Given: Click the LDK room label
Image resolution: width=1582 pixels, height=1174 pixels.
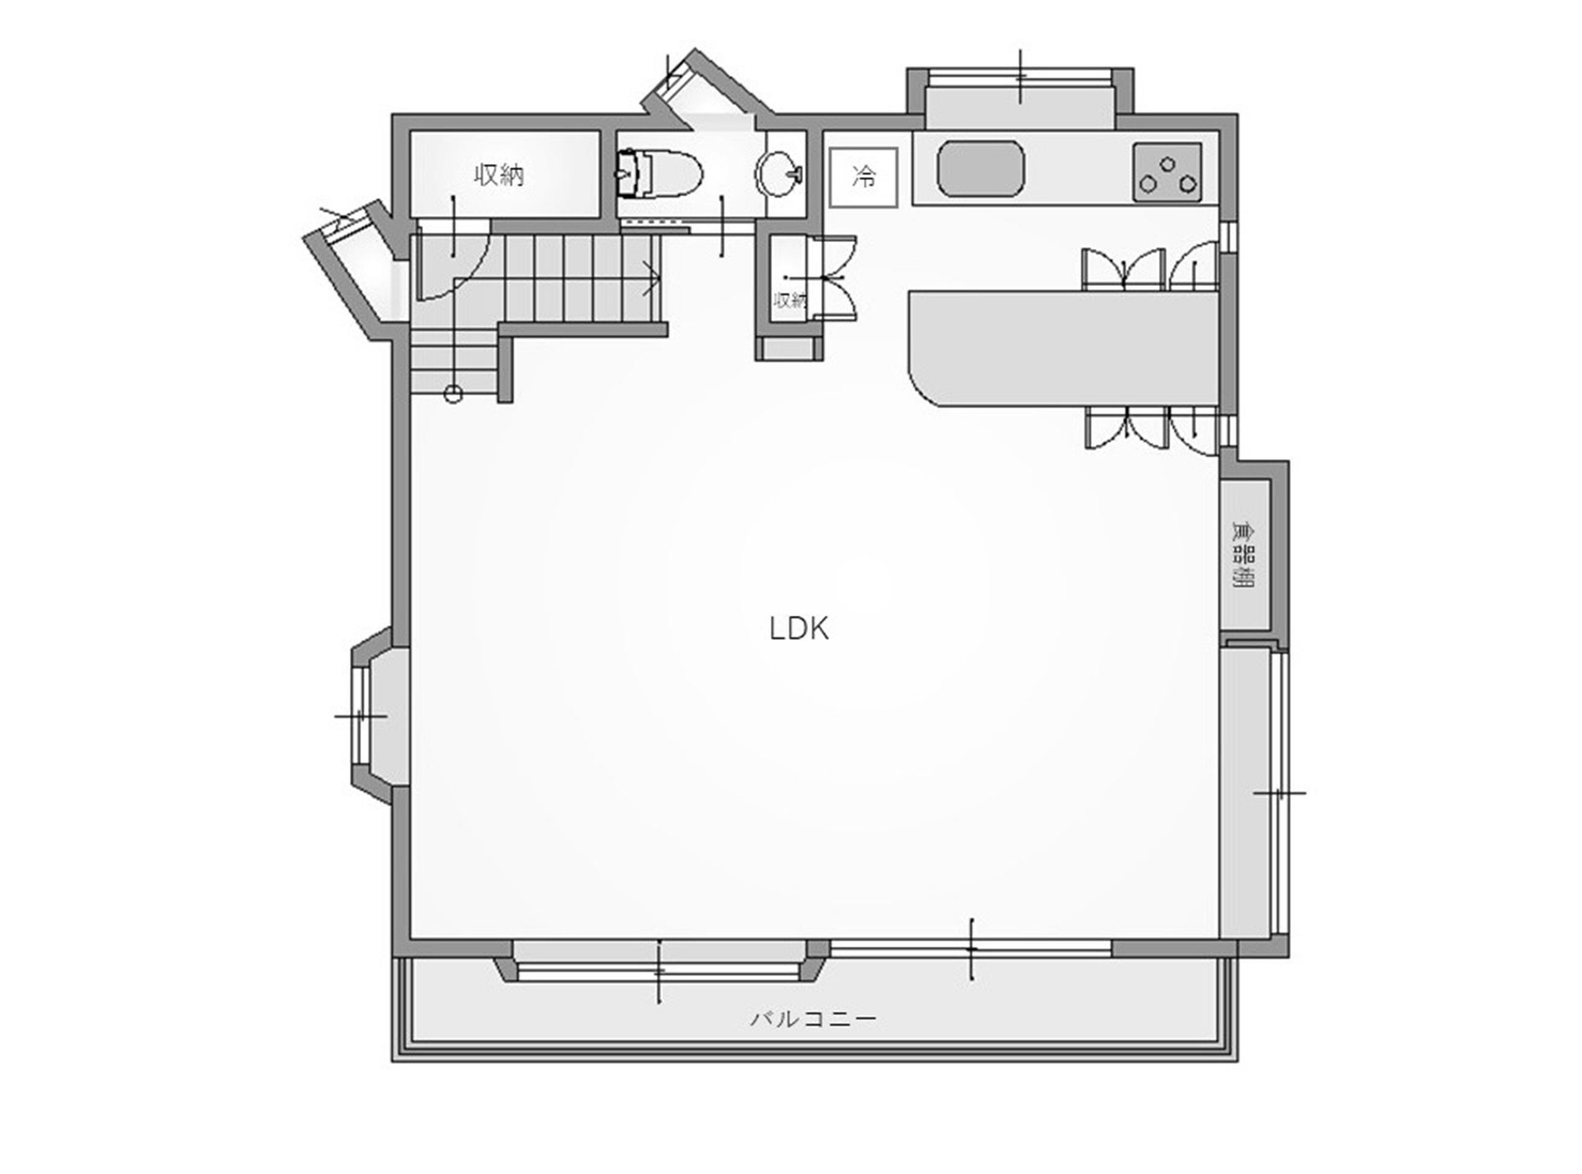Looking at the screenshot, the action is coord(799,628).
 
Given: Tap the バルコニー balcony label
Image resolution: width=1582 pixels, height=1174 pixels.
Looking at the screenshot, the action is coord(813,1019).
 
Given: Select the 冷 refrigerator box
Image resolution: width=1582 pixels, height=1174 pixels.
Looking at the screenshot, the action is coord(863,177).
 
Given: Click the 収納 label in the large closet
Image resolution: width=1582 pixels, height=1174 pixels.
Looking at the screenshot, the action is coord(500,175).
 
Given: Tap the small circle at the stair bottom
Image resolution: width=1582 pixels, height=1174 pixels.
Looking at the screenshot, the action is coord(453,394).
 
